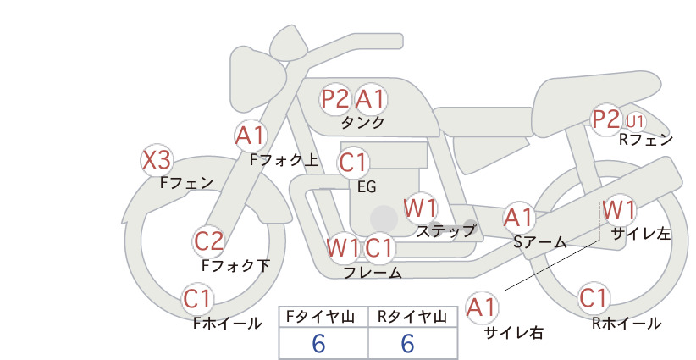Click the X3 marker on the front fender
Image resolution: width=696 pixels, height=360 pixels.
157,160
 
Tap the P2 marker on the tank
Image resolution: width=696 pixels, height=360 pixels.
335,98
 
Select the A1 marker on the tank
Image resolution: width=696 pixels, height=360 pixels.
370,98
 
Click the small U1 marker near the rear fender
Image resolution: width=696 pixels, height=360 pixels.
635,121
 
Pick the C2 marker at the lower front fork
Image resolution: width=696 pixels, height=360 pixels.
208,242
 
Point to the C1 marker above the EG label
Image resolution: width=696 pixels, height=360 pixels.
353,163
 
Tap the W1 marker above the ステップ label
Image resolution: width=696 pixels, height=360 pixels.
420,208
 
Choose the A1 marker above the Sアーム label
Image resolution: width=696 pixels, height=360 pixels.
518,218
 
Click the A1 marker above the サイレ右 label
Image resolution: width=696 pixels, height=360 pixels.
482,307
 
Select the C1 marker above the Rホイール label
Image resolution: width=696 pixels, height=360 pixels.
594,298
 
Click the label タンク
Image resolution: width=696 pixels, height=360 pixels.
362,123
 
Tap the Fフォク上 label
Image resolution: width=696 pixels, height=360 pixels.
284,160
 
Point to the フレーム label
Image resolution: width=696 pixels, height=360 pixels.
373,272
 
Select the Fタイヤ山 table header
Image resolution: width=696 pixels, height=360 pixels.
320,317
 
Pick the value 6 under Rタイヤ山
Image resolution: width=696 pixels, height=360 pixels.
407,344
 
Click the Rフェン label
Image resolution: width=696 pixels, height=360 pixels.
646,140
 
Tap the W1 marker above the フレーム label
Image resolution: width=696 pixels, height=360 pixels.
343,248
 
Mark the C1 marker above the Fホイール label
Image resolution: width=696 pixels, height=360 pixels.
198,299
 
